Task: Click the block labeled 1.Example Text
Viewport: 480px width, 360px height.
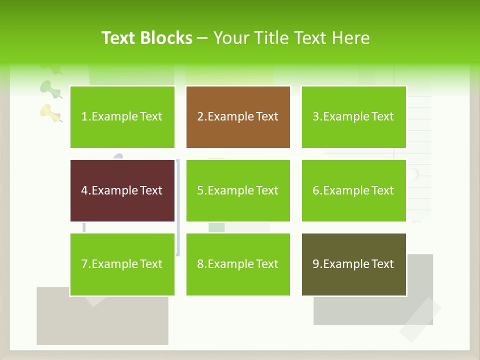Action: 122,117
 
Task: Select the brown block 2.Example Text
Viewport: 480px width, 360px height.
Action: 238,117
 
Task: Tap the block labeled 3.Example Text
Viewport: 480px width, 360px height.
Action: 353,117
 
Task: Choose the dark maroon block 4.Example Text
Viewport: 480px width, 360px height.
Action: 122,190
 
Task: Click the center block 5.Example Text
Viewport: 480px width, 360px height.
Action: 238,190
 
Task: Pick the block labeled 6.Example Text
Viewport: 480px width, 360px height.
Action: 353,190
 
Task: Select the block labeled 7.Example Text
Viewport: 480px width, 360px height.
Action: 122,264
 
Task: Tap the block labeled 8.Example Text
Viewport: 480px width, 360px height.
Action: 238,264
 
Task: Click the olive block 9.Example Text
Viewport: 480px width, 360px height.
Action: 353,264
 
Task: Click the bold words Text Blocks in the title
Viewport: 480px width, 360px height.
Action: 147,38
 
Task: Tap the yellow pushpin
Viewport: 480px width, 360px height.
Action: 50,112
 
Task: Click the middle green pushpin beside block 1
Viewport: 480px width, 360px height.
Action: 49,88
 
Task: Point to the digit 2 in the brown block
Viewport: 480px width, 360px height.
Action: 200,117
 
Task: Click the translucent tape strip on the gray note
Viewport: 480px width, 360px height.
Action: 419,320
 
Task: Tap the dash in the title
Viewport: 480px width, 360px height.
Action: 203,38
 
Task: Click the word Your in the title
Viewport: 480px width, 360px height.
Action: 230,38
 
